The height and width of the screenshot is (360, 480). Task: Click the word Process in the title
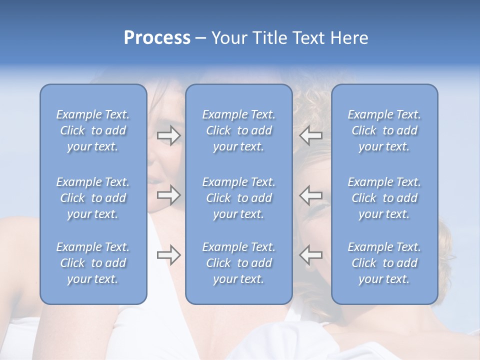pos(157,38)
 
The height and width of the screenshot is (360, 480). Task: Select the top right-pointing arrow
pos(169,135)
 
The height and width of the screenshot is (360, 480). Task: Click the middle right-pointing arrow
pos(169,194)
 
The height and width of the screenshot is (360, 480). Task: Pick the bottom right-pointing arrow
pos(169,255)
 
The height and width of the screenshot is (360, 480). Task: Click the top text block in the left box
pos(93,130)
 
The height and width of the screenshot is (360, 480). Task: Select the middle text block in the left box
pos(93,198)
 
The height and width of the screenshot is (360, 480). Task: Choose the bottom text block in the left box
pos(93,263)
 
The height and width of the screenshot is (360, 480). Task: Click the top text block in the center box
pos(239,130)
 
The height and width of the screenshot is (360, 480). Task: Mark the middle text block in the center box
pos(239,198)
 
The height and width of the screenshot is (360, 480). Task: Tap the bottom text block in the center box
pos(239,263)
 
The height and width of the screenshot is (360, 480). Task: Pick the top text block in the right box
pos(384,130)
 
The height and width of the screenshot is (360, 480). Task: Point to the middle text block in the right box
pos(384,198)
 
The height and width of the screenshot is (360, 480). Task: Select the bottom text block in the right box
pos(384,263)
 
